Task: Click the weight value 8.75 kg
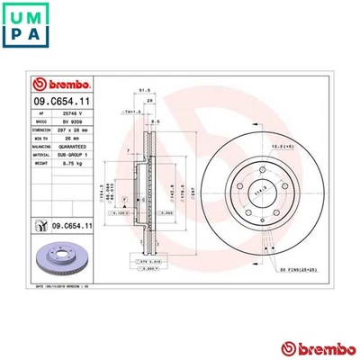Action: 84,163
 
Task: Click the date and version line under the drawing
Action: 70,283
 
